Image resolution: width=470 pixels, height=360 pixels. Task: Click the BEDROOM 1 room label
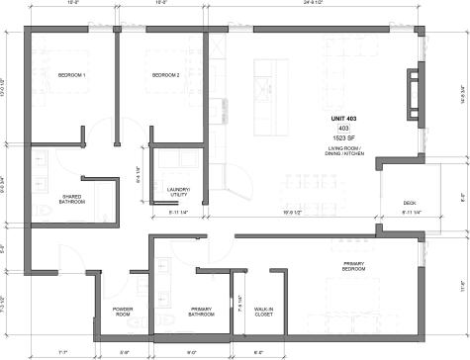(x=71, y=76)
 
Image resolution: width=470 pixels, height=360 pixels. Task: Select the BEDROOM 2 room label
(x=166, y=76)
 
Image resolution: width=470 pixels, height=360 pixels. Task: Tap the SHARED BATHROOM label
(x=72, y=200)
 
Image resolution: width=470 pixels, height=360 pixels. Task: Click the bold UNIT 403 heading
(x=344, y=119)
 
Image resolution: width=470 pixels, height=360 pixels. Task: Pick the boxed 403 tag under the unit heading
(x=344, y=129)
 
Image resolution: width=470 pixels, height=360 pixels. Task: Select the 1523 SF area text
(x=344, y=138)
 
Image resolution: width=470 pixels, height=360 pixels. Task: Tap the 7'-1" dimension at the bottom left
(x=62, y=351)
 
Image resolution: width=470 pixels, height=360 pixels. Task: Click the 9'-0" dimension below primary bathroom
(x=192, y=351)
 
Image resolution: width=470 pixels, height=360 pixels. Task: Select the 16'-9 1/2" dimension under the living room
(x=294, y=213)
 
